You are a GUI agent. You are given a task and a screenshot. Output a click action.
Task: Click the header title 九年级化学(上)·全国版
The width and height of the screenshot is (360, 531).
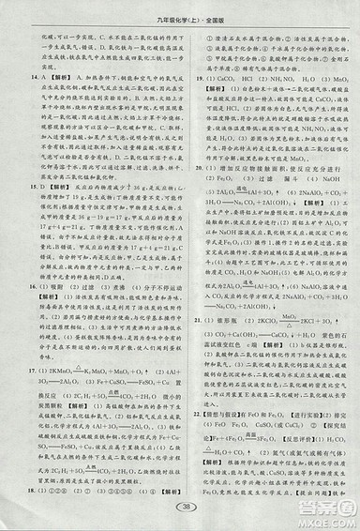[x=179, y=9]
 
